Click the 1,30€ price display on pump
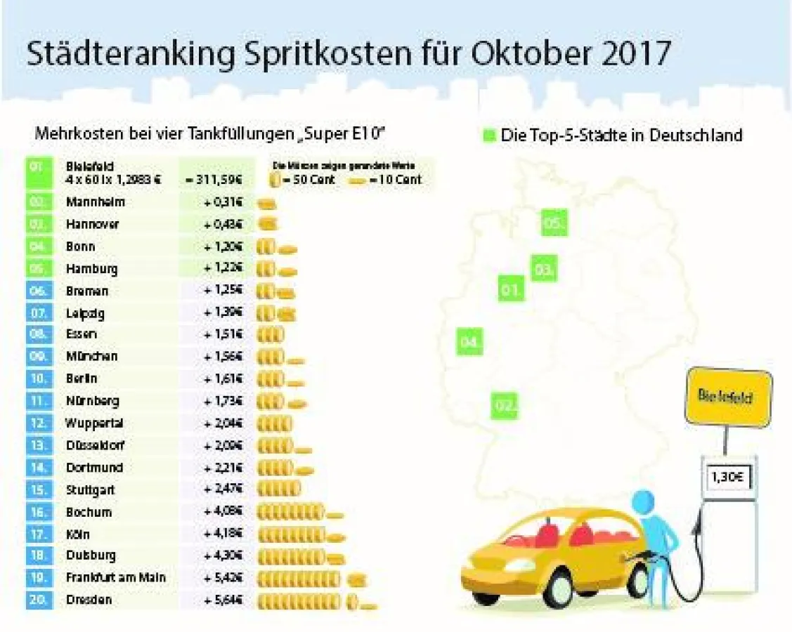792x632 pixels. point(726,478)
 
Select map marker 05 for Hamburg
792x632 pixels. point(554,223)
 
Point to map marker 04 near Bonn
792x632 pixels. point(469,342)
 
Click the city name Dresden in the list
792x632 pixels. point(89,600)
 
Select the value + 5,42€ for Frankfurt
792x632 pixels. point(223,578)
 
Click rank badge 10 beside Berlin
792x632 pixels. point(39,378)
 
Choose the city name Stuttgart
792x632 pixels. point(91,489)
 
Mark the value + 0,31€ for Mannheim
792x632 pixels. point(223,202)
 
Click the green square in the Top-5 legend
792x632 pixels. point(490,134)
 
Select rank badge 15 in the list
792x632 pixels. point(39,489)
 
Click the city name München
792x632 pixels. point(91,356)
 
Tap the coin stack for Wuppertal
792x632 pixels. point(275,423)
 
